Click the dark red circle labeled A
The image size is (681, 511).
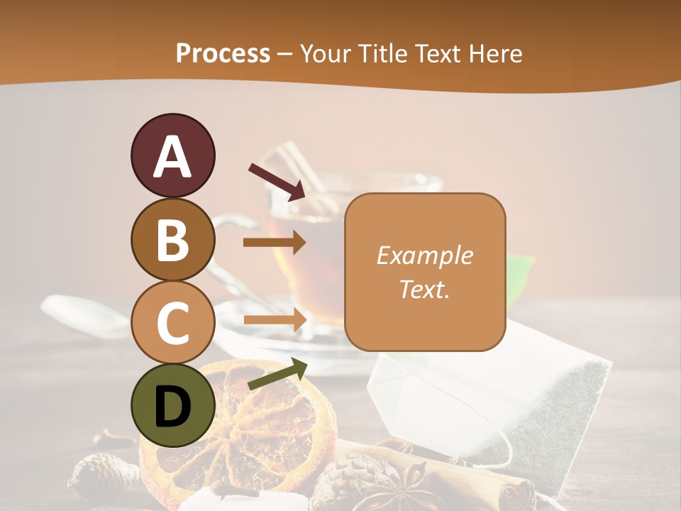tap(172, 155)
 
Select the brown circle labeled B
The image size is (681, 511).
tap(172, 239)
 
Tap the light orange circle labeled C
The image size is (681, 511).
tap(172, 322)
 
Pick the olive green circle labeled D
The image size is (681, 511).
tap(172, 405)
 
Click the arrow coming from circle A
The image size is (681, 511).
tap(277, 181)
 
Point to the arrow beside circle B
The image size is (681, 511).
tap(275, 243)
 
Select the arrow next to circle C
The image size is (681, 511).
tap(275, 321)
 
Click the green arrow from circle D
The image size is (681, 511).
tap(277, 374)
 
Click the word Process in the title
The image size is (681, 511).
tap(223, 53)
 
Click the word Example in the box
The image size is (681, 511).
tap(424, 255)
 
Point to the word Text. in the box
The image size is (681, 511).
tap(424, 289)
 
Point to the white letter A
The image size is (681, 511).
tap(172, 156)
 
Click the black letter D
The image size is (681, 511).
tap(172, 407)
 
